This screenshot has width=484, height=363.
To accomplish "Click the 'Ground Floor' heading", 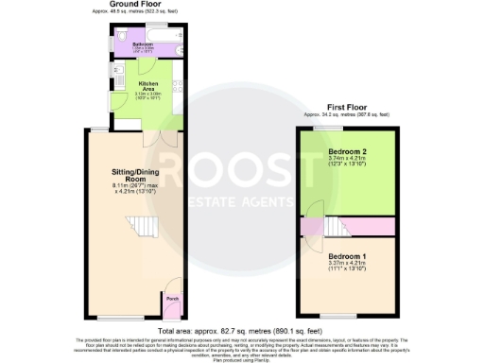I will pyautogui.click(x=132, y=5).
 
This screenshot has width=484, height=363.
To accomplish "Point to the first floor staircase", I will pyautogui.click(x=333, y=227).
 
